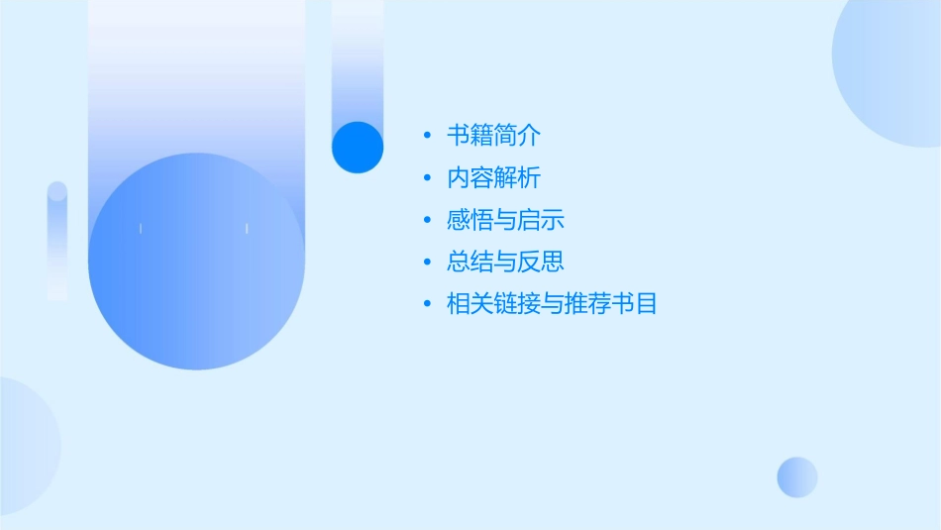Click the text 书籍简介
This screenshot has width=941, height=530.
(x=493, y=136)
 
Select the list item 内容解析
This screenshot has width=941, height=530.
(x=493, y=178)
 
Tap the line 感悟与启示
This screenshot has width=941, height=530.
(x=505, y=220)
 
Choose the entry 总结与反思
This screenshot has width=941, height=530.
(x=505, y=262)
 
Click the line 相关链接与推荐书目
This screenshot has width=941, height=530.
(x=552, y=304)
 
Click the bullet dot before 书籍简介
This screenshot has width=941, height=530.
(x=427, y=136)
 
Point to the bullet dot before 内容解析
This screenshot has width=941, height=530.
(x=427, y=178)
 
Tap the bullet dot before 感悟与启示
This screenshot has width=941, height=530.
(x=427, y=220)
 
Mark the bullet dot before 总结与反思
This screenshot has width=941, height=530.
(x=427, y=263)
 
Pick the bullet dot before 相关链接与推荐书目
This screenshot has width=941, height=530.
(x=427, y=304)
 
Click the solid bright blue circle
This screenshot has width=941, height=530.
(x=358, y=147)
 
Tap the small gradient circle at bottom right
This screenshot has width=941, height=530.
(x=797, y=477)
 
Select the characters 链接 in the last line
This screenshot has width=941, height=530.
(x=517, y=304)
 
